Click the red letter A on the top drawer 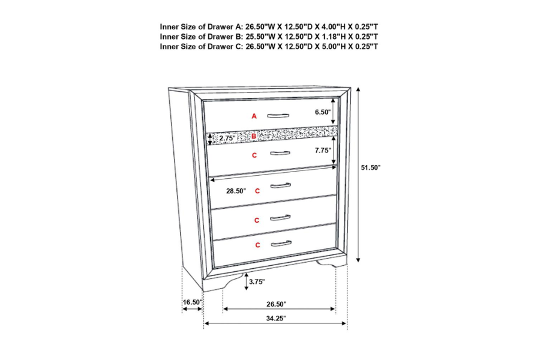click(254, 116)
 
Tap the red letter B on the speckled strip click(254, 136)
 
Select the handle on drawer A click(278, 116)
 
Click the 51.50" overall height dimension click(371, 168)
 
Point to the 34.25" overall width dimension click(276, 319)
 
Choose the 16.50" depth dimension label click(192, 302)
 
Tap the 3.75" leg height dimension click(257, 282)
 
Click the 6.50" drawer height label click(323, 112)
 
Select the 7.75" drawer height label click(323, 150)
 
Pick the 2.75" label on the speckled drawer click(227, 139)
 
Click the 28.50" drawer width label click(236, 191)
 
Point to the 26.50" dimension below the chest click(276, 304)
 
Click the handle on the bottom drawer click(281, 244)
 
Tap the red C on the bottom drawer click(257, 245)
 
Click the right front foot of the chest click(331, 263)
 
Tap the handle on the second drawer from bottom click(280, 218)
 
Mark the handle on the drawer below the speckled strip click(280, 153)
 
